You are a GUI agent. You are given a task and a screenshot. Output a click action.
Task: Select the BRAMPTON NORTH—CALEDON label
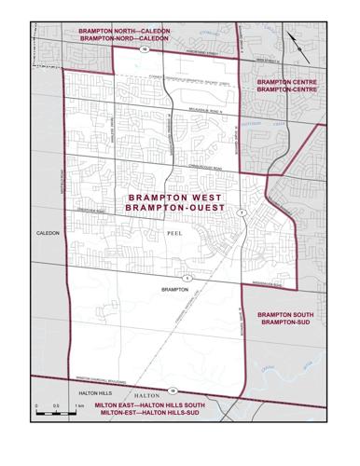coord(124,31)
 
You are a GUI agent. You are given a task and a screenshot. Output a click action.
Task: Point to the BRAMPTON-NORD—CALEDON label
coord(124,40)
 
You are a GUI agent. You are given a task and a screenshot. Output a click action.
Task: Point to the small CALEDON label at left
coord(48,233)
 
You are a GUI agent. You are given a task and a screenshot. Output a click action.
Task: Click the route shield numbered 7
coord(241,213)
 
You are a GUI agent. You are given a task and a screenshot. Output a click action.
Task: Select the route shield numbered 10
coord(145,50)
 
